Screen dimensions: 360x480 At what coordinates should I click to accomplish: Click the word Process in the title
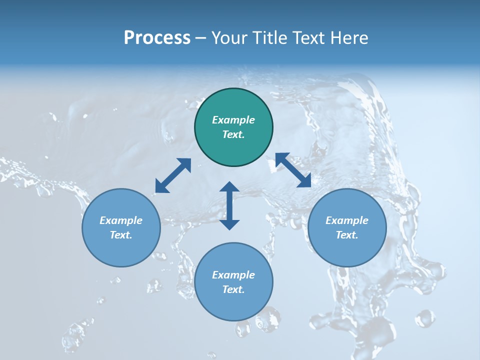tap(157, 38)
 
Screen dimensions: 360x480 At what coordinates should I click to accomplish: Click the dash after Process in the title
tap(200, 38)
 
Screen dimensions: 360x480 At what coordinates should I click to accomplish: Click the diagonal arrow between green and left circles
tap(173, 175)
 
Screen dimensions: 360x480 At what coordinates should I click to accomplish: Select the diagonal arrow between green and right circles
tap(293, 170)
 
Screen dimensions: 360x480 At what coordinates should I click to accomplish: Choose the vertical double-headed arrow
tap(229, 205)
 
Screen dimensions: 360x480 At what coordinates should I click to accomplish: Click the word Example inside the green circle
tap(233, 120)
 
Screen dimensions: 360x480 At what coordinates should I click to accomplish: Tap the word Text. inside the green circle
tap(233, 134)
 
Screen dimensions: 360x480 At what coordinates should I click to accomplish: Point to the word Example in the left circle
tap(121, 220)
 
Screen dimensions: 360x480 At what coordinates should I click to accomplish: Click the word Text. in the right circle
tap(347, 235)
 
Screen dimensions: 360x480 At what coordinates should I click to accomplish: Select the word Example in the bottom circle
tap(233, 275)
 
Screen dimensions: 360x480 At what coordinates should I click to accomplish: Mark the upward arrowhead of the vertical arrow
tap(229, 187)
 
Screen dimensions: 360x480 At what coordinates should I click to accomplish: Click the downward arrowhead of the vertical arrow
tap(229, 224)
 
